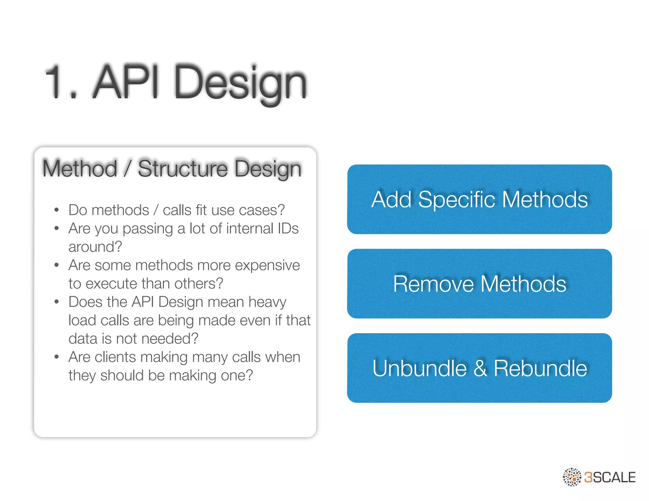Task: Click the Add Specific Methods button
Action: point(479,199)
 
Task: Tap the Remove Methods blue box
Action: point(479,283)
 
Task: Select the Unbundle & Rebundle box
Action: point(479,368)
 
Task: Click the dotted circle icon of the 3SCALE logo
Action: point(572,477)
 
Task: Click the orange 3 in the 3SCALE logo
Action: point(588,477)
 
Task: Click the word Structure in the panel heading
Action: point(183,168)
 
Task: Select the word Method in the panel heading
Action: point(80,168)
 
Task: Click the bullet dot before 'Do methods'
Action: point(57,210)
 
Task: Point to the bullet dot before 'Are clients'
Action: point(57,357)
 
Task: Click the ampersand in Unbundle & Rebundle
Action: point(480,368)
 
